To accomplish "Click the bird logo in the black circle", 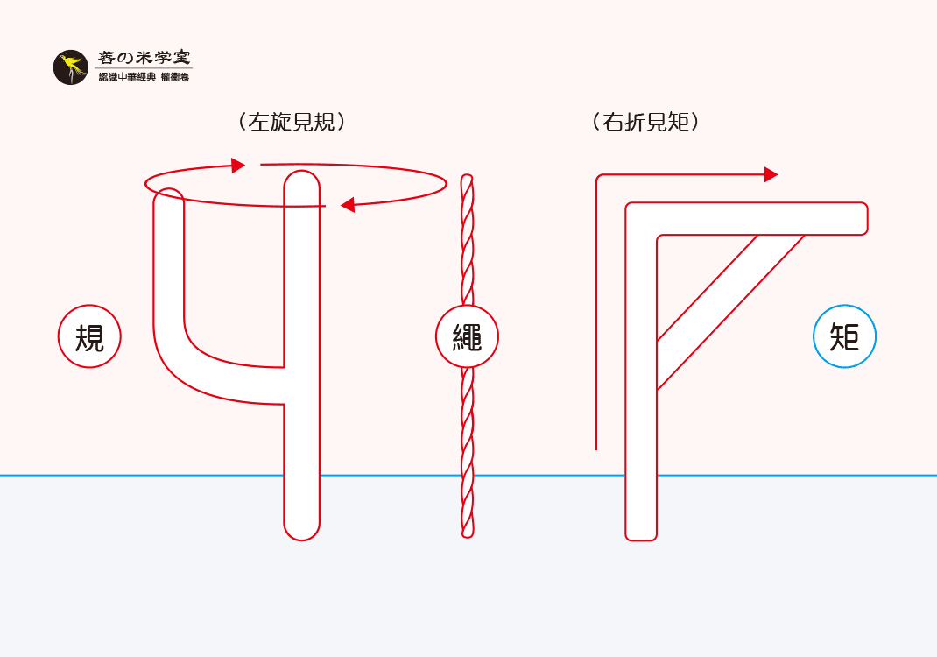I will tap(70, 67).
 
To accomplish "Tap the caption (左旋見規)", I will tap(292, 122).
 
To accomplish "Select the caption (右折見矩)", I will tap(645, 122).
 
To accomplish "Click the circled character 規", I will tap(89, 336).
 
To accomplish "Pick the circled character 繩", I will tap(467, 336).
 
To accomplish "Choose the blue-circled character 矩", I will tap(844, 336).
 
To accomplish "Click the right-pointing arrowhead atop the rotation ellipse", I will tap(238, 166).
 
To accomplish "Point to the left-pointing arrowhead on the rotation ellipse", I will tap(347, 205).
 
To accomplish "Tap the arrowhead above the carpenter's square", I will tap(771, 174).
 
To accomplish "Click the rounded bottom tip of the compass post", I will tap(302, 531).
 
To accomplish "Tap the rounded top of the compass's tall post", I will tap(302, 180).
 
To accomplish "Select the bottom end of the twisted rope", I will tap(468, 532).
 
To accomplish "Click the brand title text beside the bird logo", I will tap(144, 59).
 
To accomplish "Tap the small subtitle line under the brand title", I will tap(144, 78).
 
